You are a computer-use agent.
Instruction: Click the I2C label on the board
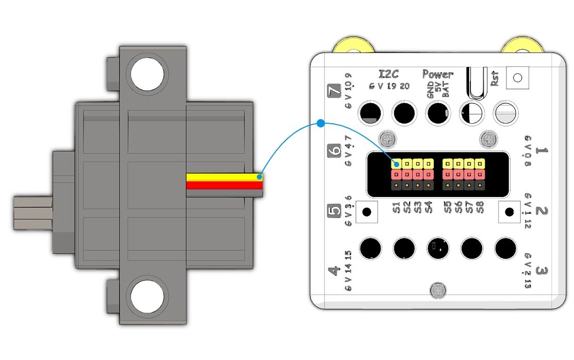(x=389, y=74)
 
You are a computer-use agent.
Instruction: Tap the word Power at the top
(x=437, y=74)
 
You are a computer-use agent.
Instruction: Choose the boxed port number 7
(x=334, y=91)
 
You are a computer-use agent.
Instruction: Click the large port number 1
(x=542, y=151)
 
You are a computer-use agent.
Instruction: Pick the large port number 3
(x=542, y=271)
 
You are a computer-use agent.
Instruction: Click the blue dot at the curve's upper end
(x=320, y=123)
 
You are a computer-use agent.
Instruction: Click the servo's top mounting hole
(x=147, y=74)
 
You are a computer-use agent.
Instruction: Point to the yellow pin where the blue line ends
(x=396, y=163)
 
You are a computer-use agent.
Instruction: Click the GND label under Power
(x=431, y=89)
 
